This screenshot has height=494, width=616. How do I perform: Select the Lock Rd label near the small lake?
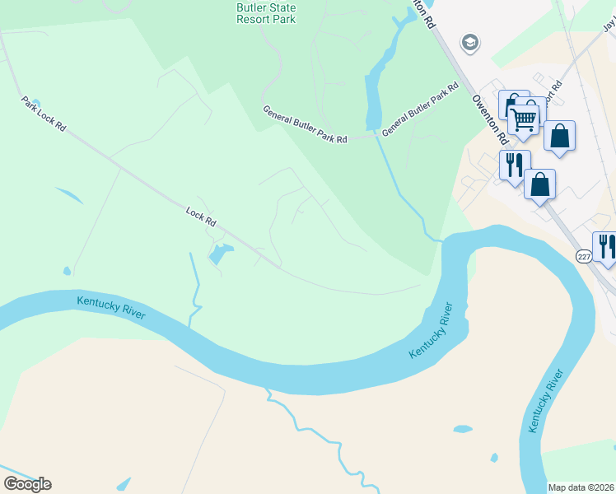click(201, 217)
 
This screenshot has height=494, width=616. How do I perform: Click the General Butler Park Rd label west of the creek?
click(305, 123)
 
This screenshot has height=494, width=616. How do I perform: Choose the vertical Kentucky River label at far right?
click(547, 401)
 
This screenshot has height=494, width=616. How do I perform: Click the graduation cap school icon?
click(470, 43)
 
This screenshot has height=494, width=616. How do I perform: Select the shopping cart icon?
click(524, 119)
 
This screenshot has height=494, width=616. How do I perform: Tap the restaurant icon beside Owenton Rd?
click(514, 164)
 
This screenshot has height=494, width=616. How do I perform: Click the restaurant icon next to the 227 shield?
click(607, 245)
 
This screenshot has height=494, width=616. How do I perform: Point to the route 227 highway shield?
click(583, 256)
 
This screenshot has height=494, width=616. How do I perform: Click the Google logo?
click(27, 483)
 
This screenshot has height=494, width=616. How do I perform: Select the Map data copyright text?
click(581, 487)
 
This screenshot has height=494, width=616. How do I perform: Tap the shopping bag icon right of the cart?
click(559, 136)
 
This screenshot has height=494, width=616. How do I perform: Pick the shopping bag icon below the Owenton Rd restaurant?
click(539, 184)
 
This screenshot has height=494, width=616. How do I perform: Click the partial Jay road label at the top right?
click(609, 27)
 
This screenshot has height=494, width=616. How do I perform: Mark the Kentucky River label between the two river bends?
click(431, 331)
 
